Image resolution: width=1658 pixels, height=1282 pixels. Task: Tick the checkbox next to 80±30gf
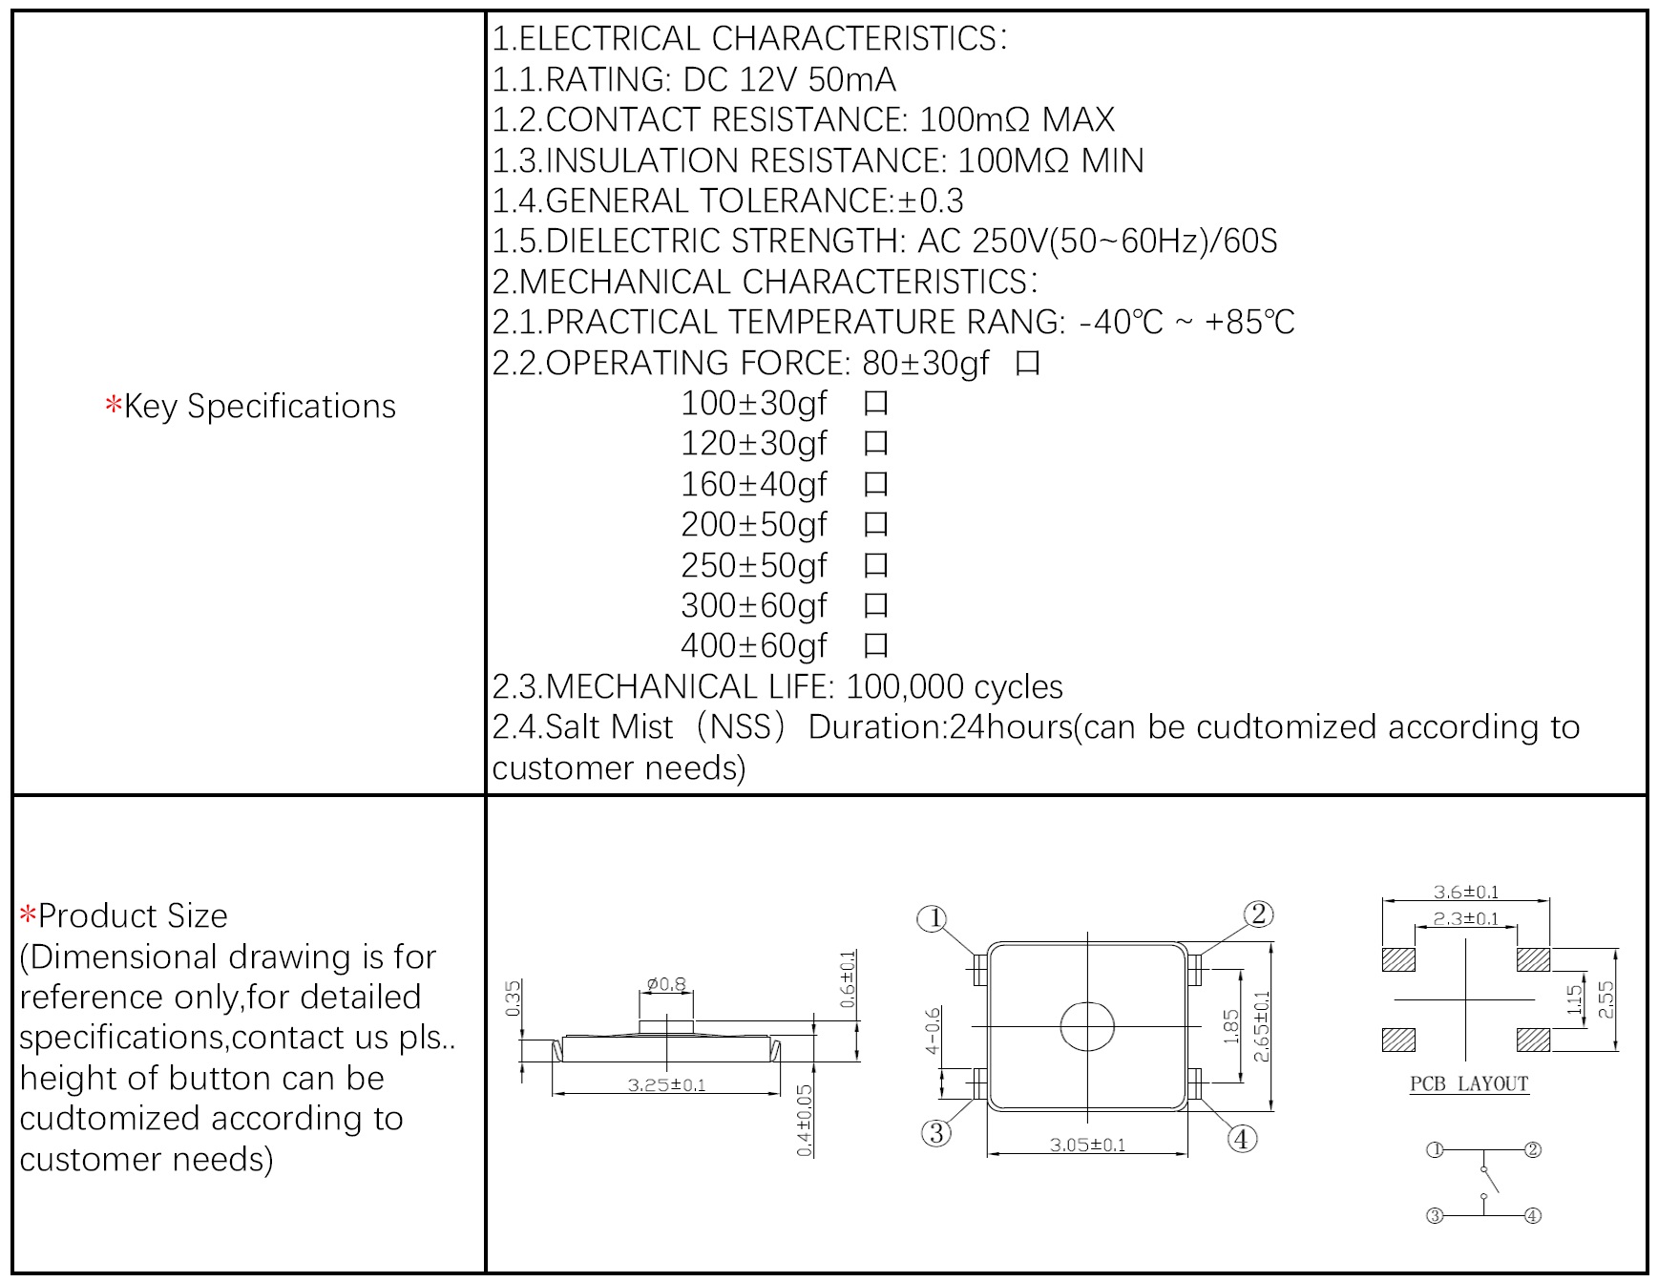coord(1027,364)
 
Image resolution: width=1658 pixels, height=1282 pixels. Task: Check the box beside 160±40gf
coord(875,485)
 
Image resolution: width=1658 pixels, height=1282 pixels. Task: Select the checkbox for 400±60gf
coord(875,646)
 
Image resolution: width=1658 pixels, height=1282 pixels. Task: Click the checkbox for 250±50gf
coord(875,566)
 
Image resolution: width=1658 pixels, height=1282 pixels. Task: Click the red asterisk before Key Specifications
coord(114,407)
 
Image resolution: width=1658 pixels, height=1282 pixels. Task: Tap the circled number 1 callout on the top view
coord(932,919)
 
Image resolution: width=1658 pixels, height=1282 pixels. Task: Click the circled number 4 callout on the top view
coord(1241,1139)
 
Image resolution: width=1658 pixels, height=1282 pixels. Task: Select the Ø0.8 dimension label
coord(666,984)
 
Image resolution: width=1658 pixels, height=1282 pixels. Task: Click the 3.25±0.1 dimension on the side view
coord(666,1085)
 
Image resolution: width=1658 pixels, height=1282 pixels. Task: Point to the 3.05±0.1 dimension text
coord(1087,1145)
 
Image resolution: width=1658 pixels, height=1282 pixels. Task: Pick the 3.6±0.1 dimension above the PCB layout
coord(1465,893)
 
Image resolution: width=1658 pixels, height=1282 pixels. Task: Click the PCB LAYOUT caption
coord(1469,1084)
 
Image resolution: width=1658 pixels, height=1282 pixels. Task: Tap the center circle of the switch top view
coord(1087,1026)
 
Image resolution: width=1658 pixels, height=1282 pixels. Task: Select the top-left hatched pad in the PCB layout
coord(1398,959)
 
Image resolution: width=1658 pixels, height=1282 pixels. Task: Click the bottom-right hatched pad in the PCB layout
coord(1533,1040)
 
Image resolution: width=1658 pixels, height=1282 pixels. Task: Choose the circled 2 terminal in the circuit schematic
coord(1533,1150)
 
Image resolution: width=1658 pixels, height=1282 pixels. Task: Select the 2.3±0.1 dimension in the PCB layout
coord(1465,919)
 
